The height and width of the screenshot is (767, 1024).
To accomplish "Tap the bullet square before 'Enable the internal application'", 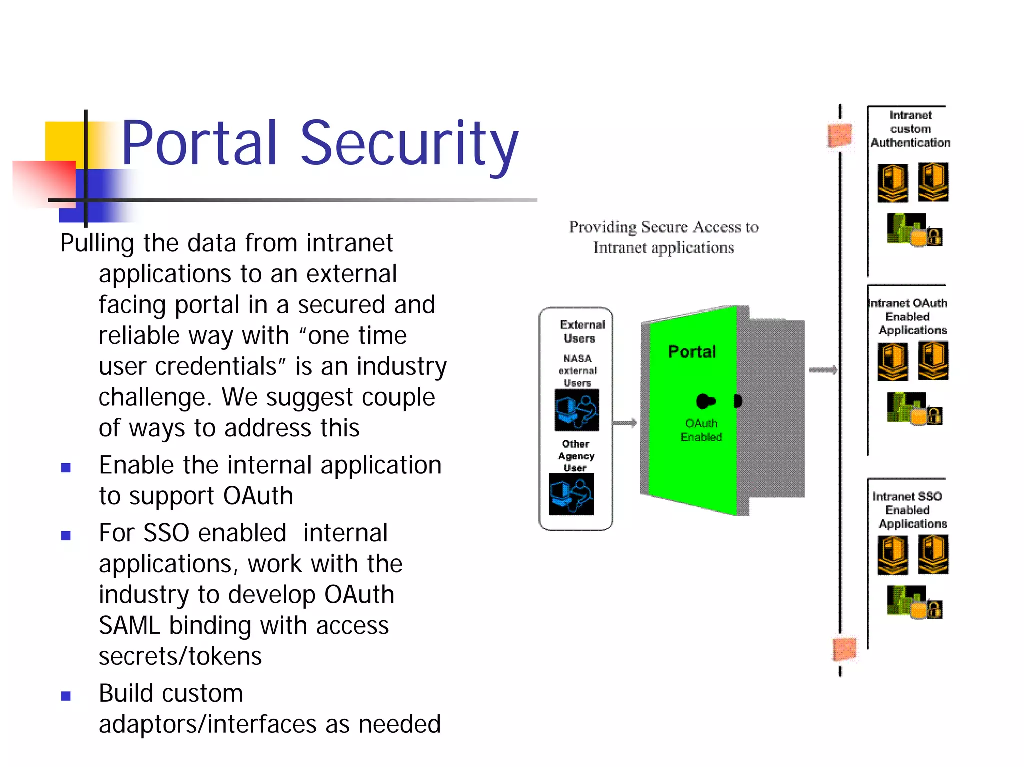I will [x=66, y=468].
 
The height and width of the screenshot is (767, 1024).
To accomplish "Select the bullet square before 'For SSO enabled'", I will [x=66, y=536].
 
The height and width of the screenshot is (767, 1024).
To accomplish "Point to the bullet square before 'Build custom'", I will [x=66, y=696].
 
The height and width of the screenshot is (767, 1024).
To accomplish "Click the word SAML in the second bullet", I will [x=129, y=626].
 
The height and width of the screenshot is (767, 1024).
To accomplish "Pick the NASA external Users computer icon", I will [x=576, y=410].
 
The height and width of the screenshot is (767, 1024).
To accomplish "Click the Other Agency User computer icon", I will [x=571, y=494].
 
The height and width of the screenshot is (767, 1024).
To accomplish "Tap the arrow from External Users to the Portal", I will [x=625, y=423].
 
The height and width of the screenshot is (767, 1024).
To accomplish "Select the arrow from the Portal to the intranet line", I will [x=823, y=370].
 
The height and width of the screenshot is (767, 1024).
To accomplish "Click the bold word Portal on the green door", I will [x=692, y=352].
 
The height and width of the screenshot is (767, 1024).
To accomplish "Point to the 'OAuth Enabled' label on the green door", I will [x=701, y=430].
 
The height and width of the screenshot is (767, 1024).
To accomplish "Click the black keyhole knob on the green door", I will [x=705, y=401].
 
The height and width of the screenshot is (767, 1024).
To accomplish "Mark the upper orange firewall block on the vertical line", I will [x=839, y=135].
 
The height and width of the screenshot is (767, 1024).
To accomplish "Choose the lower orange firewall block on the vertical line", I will [x=844, y=649].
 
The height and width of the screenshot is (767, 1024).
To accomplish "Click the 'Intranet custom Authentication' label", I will [x=910, y=129].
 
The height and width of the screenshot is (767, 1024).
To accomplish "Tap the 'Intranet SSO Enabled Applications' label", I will [x=908, y=510].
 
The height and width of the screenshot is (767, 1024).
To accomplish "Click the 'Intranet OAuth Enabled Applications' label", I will [x=908, y=316].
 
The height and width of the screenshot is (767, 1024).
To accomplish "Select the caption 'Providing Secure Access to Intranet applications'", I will [x=664, y=237].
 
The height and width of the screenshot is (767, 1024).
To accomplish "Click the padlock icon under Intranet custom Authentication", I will [x=934, y=236].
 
